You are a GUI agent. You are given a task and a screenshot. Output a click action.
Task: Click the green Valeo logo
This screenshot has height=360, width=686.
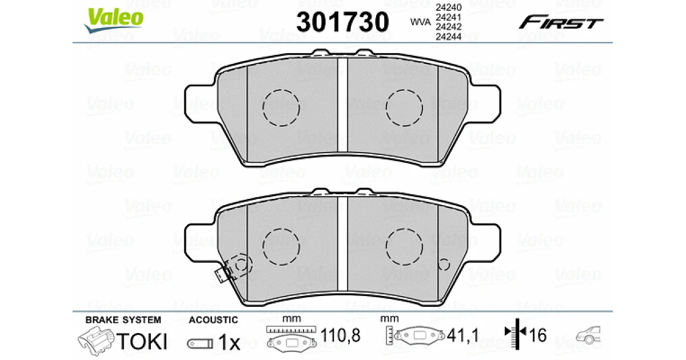point(114,20)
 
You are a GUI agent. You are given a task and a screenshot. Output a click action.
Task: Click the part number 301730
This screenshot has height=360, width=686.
point(342,22)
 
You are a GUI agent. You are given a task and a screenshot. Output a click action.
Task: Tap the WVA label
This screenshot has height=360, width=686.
point(420,22)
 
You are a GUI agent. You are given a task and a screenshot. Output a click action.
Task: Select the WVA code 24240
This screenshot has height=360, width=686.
point(448,7)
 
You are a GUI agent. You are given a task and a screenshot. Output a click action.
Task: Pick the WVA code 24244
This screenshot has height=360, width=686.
point(448,37)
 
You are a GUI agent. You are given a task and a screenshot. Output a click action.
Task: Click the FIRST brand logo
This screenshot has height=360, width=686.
point(561,22)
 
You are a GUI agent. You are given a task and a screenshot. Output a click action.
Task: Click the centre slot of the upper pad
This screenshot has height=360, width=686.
point(342,105)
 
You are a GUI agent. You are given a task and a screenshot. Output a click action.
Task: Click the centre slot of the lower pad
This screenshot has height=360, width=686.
point(342,243)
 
